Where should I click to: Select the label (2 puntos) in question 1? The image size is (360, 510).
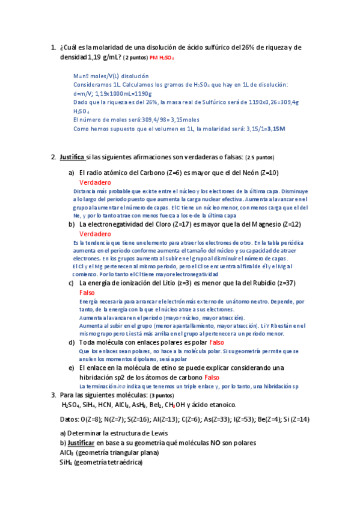pyautogui.click(x=136, y=58)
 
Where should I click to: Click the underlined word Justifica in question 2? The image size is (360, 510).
pyautogui.click(x=72, y=158)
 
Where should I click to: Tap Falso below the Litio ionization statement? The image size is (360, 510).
pyautogui.click(x=87, y=292)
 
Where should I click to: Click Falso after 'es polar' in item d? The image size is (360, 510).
pyautogui.click(x=216, y=342)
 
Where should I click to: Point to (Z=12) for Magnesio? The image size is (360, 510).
pyautogui.click(x=288, y=224)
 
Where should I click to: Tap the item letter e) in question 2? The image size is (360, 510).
pyautogui.click(x=72, y=367)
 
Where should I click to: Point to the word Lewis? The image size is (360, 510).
pyautogui.click(x=158, y=433)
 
